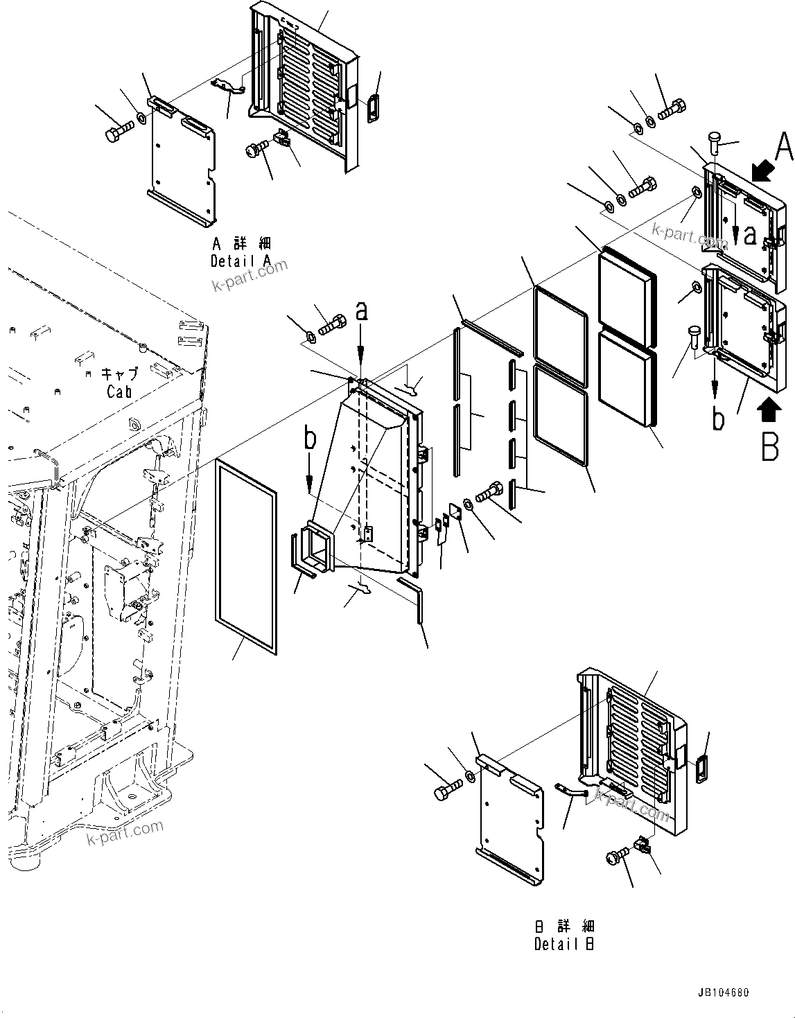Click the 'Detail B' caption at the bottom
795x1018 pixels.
[x=564, y=943]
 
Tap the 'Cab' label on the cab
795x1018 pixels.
[x=119, y=392]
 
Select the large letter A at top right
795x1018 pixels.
[x=783, y=148]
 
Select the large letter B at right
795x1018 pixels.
[x=770, y=446]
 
